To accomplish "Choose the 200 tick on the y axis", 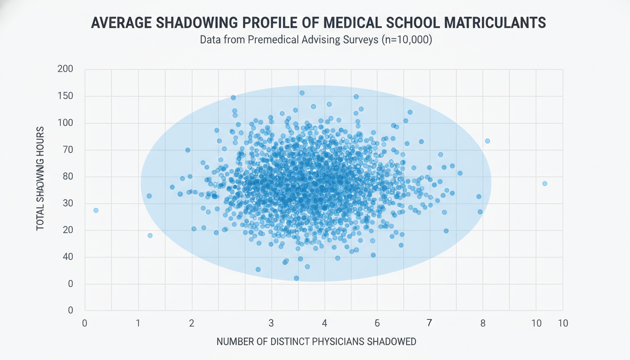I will [65, 69].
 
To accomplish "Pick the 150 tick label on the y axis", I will [65, 96].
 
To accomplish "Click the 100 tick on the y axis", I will [65, 123].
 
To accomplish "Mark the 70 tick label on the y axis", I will [67, 150].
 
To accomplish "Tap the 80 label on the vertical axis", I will [67, 177].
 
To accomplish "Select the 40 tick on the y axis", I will [67, 257].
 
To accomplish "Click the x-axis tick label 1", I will [138, 323].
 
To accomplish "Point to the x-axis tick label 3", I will [271, 323].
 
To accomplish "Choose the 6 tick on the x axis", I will [377, 323].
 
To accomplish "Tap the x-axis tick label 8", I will [483, 323].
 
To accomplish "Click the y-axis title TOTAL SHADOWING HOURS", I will [40, 178].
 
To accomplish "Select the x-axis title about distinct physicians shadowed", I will [316, 342].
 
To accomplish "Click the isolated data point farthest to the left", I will [96, 210].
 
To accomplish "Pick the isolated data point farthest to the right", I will [545, 184].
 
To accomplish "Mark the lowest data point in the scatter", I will [296, 278].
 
